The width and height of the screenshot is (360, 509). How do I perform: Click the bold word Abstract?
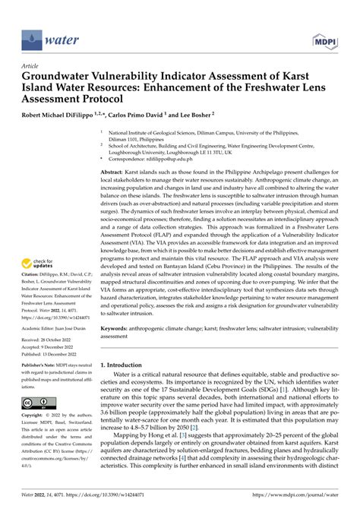116,174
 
